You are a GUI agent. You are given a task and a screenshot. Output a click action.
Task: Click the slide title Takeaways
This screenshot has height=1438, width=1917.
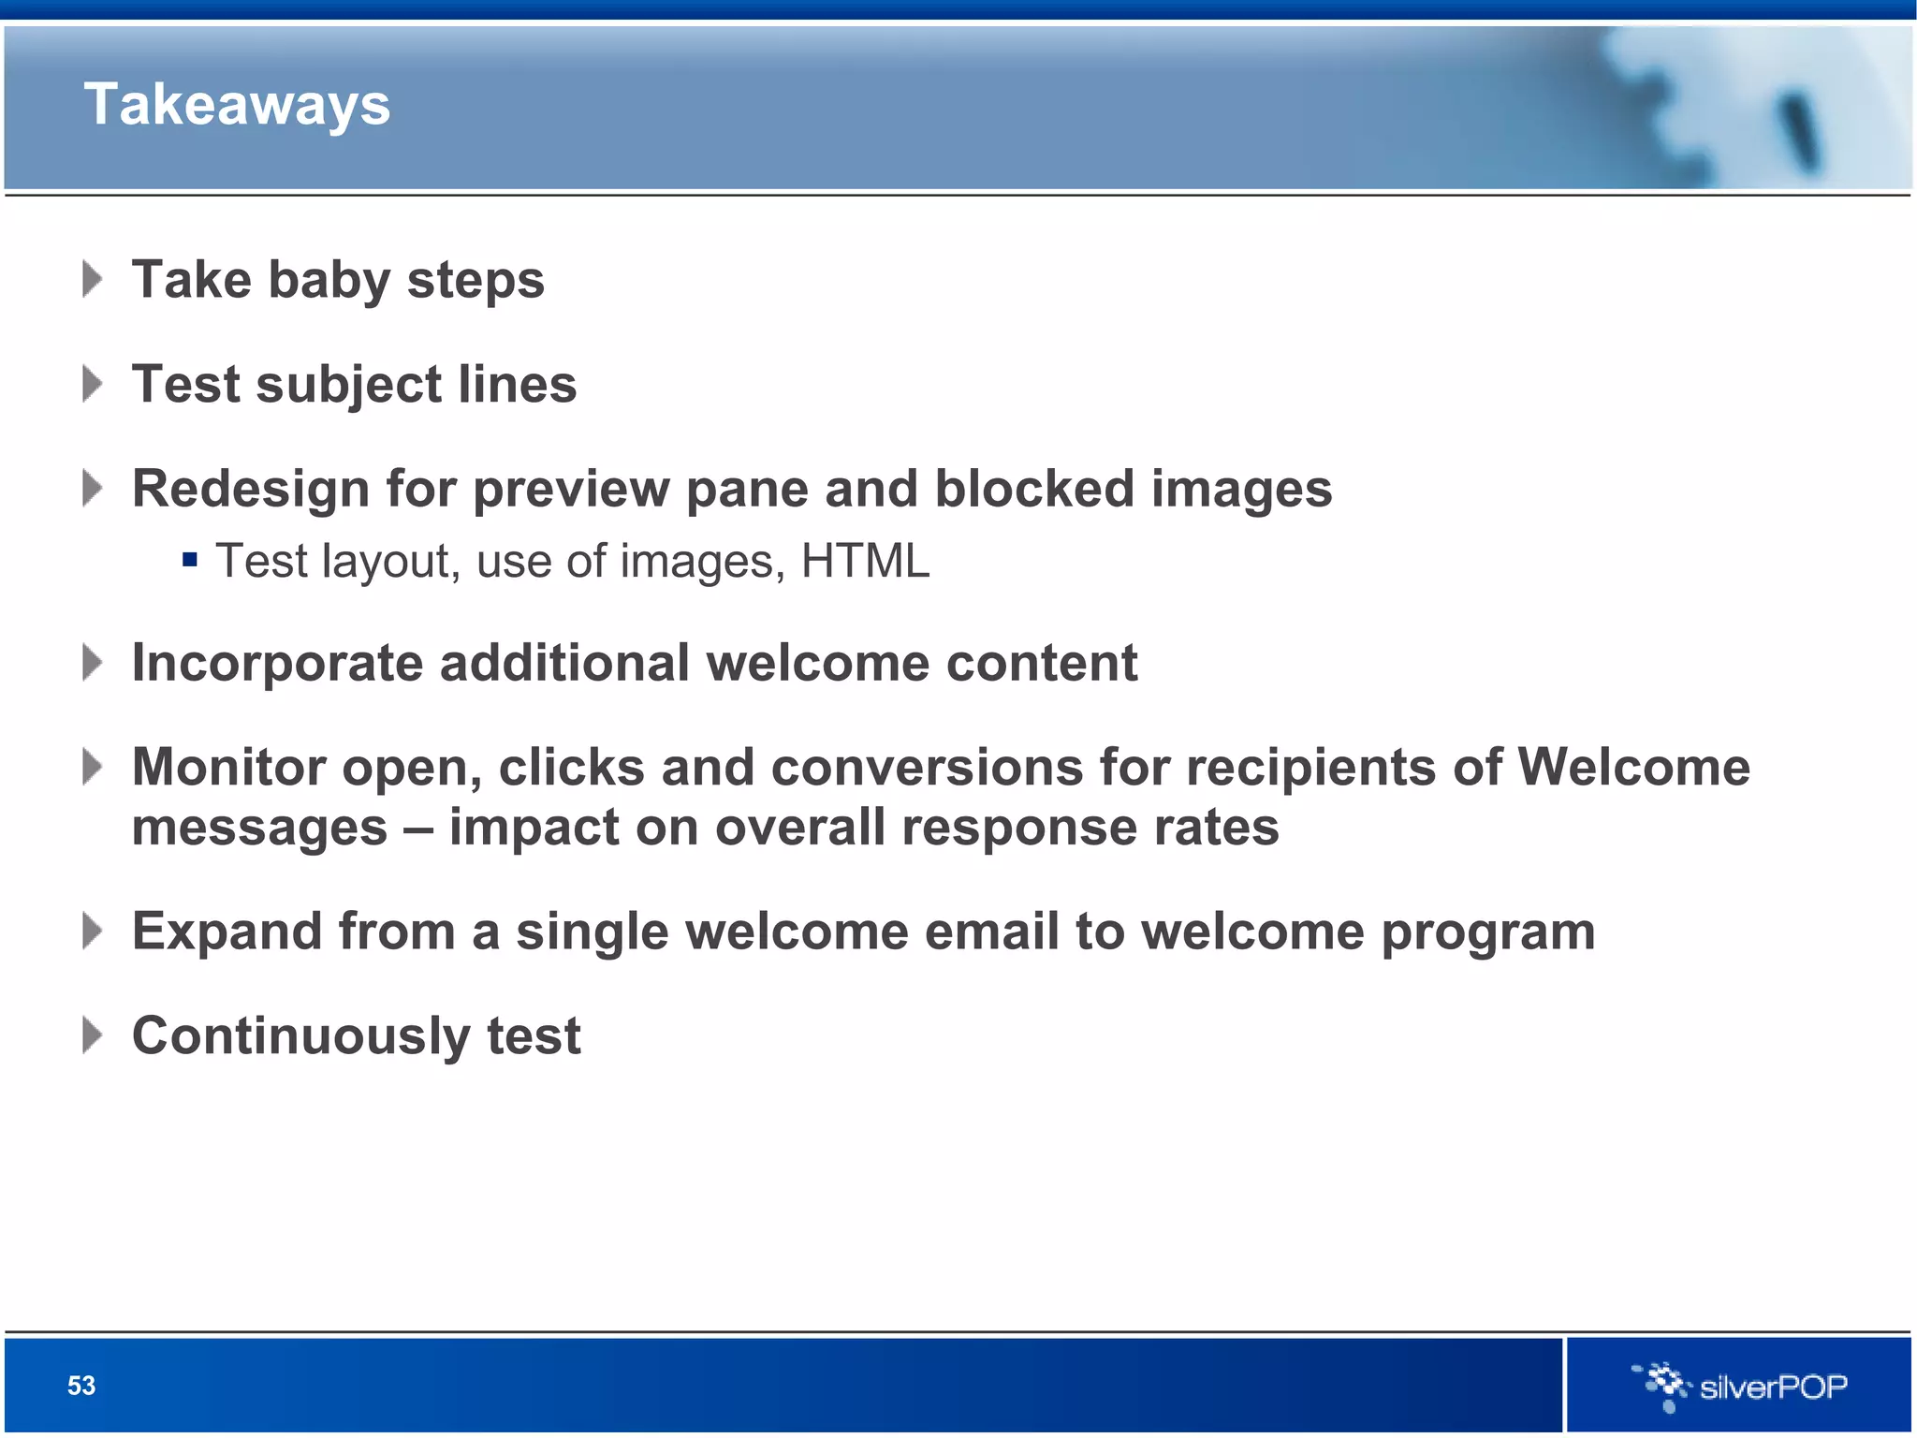point(237,104)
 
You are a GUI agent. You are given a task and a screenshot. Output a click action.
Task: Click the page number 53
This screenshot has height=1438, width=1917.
point(81,1386)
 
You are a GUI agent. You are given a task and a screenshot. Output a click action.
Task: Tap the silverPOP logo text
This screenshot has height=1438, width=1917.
point(1773,1387)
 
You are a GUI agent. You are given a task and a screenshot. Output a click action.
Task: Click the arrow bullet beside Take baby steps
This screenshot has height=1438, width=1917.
point(92,279)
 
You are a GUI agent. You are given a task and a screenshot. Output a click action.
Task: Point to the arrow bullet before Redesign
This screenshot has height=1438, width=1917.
point(92,488)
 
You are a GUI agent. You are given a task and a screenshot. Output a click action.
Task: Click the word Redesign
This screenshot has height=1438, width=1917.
point(250,489)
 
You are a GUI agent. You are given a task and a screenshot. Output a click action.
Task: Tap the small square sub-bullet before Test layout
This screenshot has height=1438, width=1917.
point(190,561)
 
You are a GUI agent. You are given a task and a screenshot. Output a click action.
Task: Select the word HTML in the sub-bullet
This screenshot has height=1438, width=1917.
point(865,562)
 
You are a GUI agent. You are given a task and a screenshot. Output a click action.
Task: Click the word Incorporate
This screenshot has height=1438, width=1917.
point(277,664)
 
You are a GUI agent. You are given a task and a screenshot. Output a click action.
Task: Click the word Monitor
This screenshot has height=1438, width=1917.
point(228,768)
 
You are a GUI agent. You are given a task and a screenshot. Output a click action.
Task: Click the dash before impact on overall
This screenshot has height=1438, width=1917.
point(417,829)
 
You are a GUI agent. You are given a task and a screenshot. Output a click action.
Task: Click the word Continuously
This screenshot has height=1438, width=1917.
point(300,1036)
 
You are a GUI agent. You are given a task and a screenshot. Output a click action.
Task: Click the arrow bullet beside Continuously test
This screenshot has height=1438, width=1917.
point(92,1035)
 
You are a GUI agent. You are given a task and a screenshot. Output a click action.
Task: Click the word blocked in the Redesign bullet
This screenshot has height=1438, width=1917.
point(1034,489)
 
